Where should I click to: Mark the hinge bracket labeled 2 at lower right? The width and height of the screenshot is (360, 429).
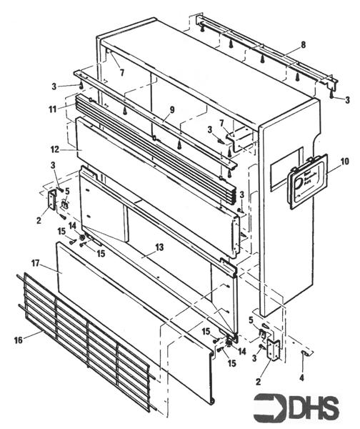[273, 348]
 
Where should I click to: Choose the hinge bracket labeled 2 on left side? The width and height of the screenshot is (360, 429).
[52, 199]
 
